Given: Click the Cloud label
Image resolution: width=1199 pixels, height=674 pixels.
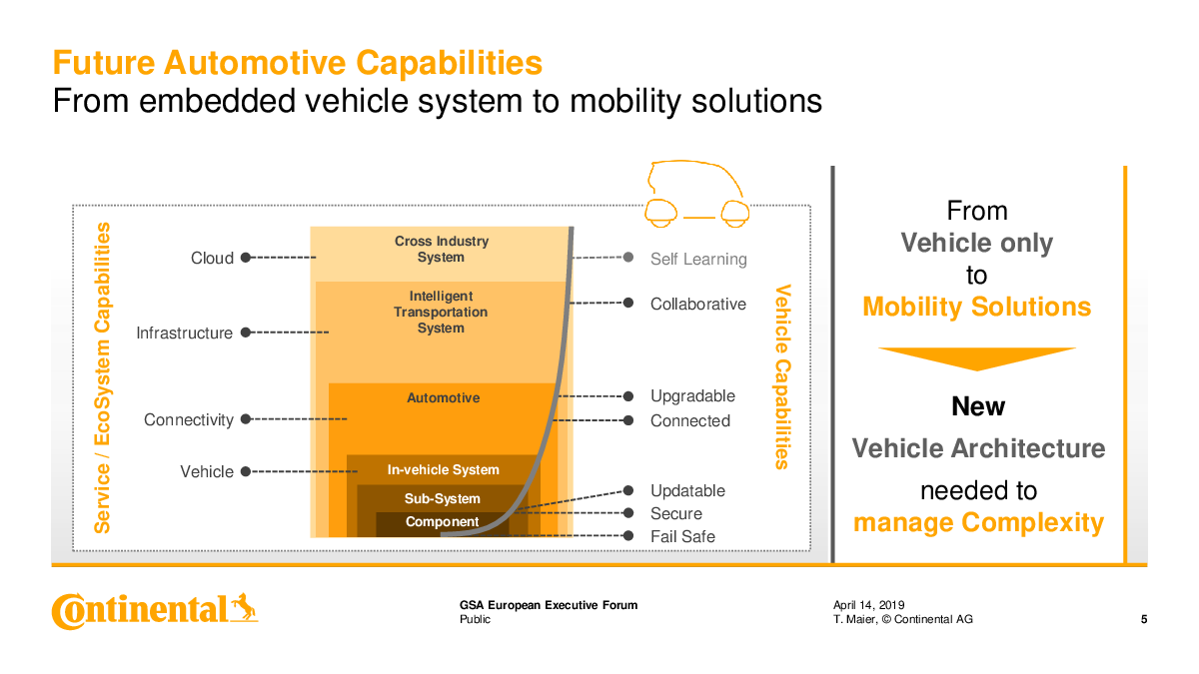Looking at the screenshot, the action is (x=212, y=258).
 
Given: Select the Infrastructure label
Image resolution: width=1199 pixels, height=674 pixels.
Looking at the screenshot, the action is (x=184, y=333).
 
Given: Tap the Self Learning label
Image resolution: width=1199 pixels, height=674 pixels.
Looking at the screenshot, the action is (x=698, y=259).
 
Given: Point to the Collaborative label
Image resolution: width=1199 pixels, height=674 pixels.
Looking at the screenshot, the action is (x=698, y=304).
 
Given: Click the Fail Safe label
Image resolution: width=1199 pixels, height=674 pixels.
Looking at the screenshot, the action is (x=682, y=536).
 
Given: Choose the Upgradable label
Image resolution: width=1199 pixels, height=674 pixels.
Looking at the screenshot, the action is (x=692, y=395).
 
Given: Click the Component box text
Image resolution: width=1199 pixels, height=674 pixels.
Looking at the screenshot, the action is (x=442, y=521).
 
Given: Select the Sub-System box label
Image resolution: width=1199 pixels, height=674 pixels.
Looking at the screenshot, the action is (x=442, y=498).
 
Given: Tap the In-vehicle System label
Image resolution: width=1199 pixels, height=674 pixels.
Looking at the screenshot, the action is (x=444, y=469).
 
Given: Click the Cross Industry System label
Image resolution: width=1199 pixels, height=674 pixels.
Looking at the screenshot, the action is (x=442, y=249).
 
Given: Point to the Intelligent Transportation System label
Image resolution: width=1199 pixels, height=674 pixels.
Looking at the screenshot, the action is (x=441, y=312).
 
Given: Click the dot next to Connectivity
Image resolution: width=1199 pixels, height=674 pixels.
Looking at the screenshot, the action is (x=246, y=418).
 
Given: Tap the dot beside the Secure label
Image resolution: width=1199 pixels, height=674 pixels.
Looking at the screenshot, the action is (x=628, y=513).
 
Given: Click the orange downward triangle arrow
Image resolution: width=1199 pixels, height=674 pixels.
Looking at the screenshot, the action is (x=977, y=358).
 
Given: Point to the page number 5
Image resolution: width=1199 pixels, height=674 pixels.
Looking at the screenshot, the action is (x=1144, y=619).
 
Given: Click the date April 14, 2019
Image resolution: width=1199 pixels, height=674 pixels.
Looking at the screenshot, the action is (x=868, y=605).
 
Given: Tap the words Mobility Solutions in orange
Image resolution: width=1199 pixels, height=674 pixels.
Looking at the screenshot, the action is (x=977, y=308).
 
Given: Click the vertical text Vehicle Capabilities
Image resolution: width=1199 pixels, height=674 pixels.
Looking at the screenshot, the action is (x=782, y=377).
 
